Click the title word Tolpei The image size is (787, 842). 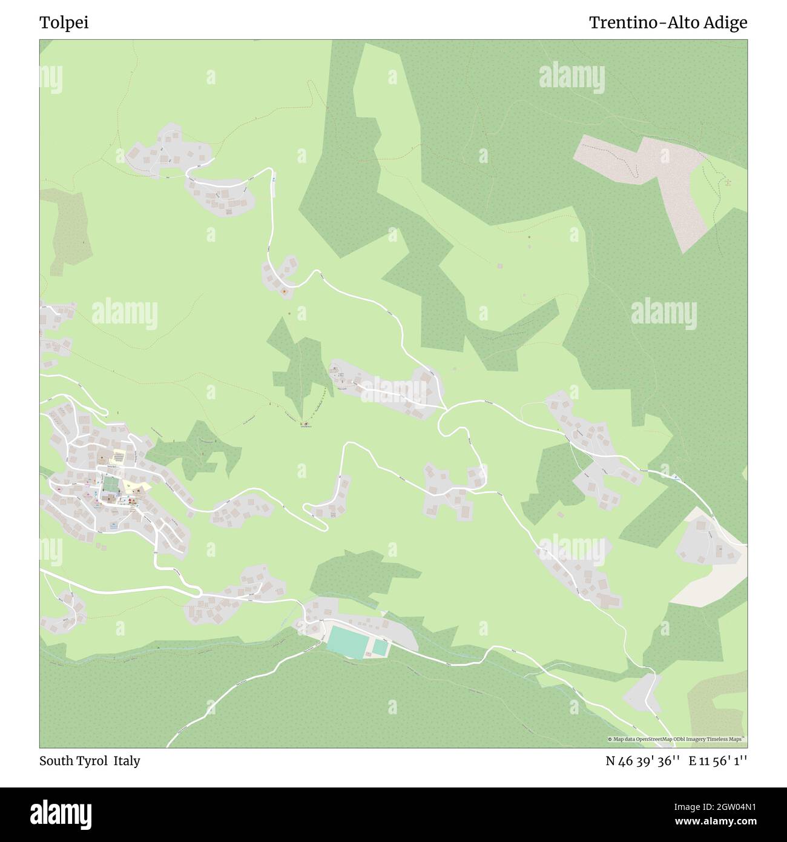coord(64,23)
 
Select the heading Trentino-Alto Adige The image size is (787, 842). coord(668,23)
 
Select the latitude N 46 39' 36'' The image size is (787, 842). coord(643,761)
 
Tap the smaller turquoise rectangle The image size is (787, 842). coord(380,648)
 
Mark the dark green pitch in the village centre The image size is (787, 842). coord(110,485)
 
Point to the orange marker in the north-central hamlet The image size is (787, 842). coord(285,292)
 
